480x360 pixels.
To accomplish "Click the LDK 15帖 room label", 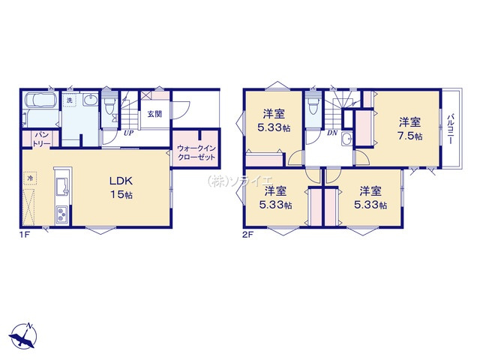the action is tap(121, 187).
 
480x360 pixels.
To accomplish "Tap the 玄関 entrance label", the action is tap(154, 114).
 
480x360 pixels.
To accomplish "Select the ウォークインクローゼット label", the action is tap(196, 152).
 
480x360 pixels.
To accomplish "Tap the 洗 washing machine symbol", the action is tap(70, 100).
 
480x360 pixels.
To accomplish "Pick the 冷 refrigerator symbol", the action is tap(30, 178).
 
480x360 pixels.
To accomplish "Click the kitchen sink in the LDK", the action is tap(63, 187).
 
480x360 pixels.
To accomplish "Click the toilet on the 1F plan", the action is tap(109, 105).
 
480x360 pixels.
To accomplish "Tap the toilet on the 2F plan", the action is tap(312, 105).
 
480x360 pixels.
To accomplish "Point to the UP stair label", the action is tap(128, 133).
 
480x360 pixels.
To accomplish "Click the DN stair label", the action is tap(332, 133).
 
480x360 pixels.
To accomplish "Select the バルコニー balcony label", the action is tap(450, 129).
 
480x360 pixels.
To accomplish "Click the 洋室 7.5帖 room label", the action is tap(409, 129).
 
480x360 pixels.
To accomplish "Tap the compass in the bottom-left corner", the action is tap(23, 335).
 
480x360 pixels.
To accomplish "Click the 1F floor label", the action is tap(23, 235).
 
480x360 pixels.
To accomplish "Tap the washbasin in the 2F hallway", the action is tap(347, 139).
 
